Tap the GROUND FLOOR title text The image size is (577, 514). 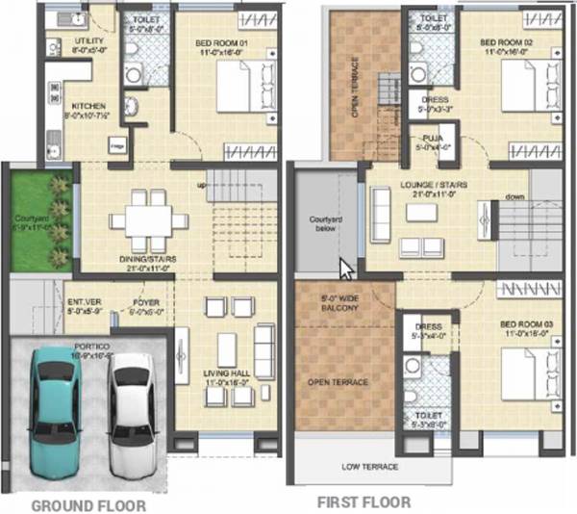tap(88, 504)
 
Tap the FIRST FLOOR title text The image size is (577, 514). tap(364, 501)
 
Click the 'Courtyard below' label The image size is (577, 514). tap(325, 223)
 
